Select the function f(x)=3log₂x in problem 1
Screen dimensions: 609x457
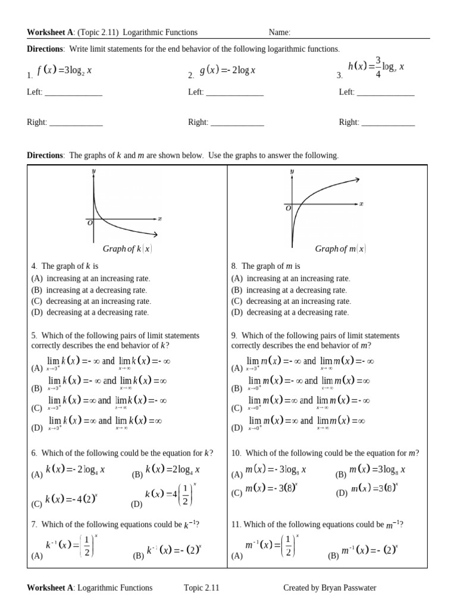click(64, 71)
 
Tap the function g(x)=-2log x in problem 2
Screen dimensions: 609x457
click(227, 71)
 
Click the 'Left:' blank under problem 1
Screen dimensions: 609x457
click(73, 93)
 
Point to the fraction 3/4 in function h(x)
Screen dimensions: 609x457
click(377, 67)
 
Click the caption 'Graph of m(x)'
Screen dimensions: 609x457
click(340, 249)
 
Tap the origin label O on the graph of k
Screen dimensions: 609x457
click(90, 223)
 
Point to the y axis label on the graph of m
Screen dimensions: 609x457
click(292, 171)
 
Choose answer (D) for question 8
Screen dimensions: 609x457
click(290, 312)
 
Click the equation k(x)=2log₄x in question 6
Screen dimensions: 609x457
click(173, 470)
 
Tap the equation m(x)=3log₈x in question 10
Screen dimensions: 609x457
click(377, 470)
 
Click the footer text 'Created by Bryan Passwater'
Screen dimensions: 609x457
click(330, 588)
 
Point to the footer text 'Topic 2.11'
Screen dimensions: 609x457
click(202, 588)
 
